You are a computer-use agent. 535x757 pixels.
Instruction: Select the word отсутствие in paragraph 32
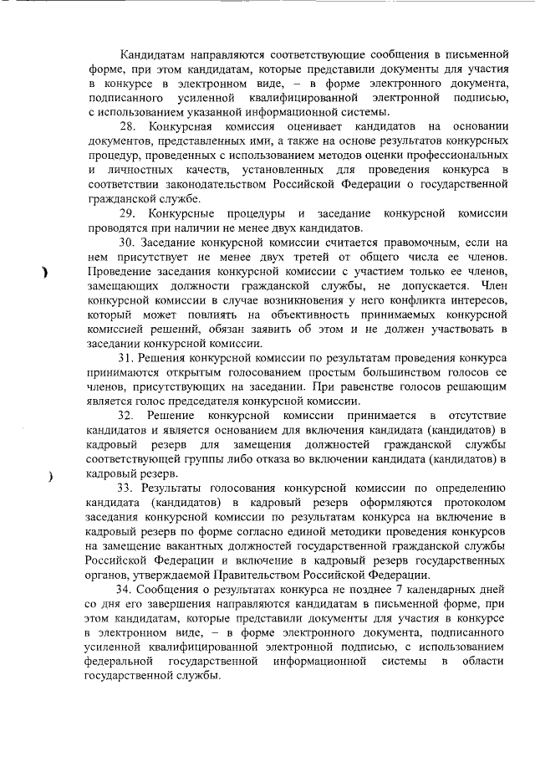pyautogui.click(x=480, y=416)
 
